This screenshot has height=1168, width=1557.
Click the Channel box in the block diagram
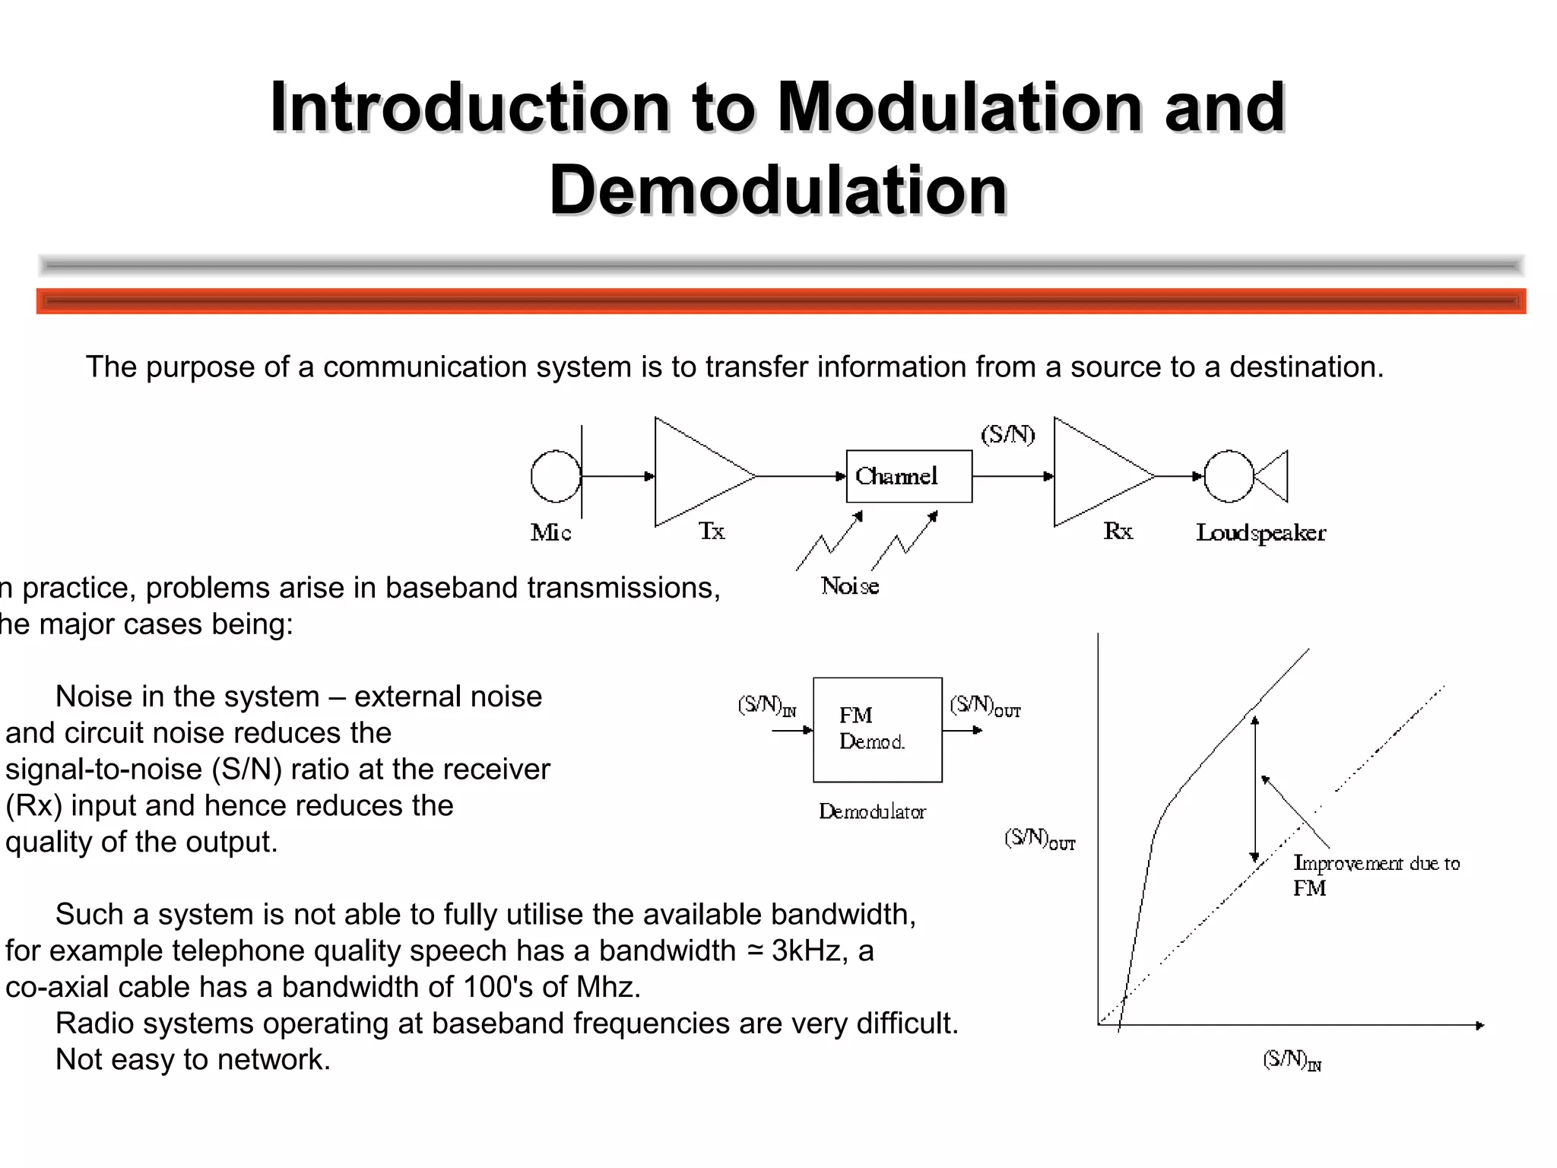(909, 476)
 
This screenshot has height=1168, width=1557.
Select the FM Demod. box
(877, 729)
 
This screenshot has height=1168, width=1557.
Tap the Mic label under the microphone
(550, 532)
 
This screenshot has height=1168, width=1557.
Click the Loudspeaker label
(1261, 533)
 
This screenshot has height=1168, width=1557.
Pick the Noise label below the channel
(850, 586)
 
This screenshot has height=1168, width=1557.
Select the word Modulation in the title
(958, 107)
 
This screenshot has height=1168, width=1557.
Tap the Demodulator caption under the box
(872, 812)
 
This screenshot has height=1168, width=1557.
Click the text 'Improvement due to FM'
(1376, 874)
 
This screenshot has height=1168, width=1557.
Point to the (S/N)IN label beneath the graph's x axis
(1292, 1060)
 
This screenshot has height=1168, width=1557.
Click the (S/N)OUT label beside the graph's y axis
(1039, 839)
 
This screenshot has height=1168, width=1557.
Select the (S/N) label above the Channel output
(1007, 435)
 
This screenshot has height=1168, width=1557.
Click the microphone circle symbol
(556, 476)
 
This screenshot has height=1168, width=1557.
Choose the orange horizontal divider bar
(781, 301)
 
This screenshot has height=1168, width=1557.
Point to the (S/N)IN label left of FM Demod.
(766, 706)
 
